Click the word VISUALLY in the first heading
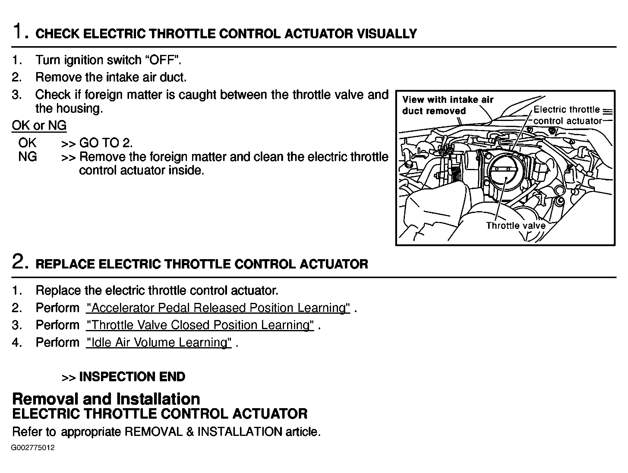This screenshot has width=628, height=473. coord(387,34)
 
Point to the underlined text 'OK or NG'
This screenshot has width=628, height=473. coord(39,125)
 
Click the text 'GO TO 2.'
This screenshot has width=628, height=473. coord(106,143)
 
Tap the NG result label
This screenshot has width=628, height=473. coord(27,157)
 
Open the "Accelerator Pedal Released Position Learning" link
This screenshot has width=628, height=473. coord(218,308)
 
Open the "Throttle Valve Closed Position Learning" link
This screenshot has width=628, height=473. coord(200,325)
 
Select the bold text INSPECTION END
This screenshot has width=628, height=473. coord(132,377)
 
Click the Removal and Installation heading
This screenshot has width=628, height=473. coord(106,399)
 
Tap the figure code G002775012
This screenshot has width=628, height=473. coord(33,448)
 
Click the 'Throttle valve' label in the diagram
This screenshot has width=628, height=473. coord(516,226)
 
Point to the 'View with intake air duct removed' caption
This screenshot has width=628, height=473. coord(447,105)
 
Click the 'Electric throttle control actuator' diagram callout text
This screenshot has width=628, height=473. coord(567,115)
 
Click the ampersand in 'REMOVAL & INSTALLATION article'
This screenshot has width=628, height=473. coord(190,432)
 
